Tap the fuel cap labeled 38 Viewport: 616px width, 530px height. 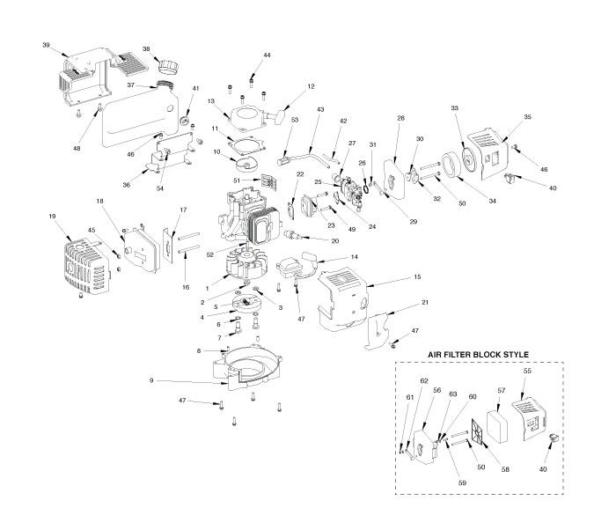[x=168, y=66]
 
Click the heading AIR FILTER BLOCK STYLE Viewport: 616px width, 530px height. [x=478, y=354]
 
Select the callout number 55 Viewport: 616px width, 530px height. [x=527, y=372]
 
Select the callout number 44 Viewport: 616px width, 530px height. [x=268, y=55]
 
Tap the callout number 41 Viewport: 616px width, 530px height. [x=195, y=89]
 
